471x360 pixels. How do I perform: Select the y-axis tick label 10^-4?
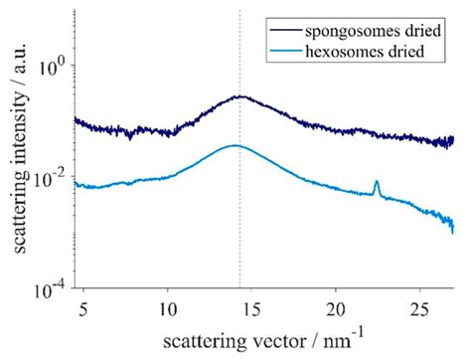(x=50, y=288)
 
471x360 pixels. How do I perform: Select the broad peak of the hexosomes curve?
(x=235, y=145)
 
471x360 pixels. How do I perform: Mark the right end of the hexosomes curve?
(x=453, y=231)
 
